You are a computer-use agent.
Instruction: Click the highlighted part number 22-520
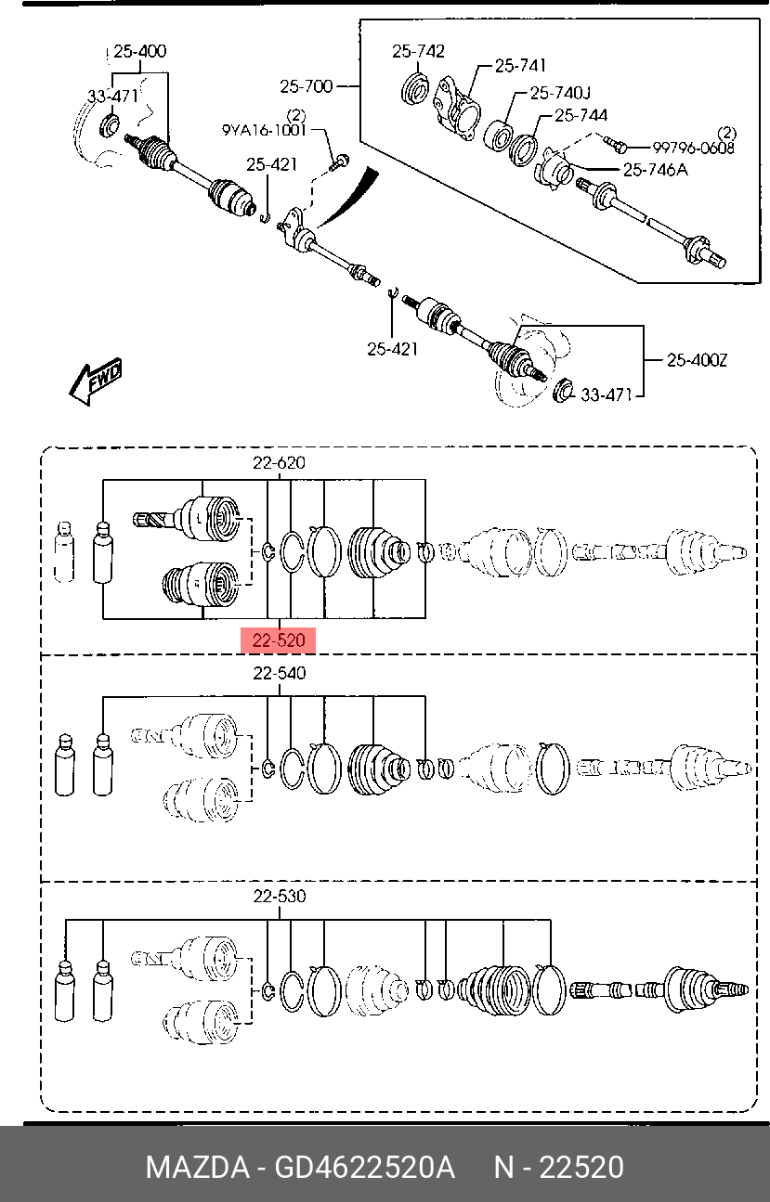click(x=278, y=640)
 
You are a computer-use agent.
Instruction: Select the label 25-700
click(x=307, y=86)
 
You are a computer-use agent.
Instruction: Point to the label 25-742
click(x=418, y=52)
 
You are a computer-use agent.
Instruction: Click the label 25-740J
click(x=560, y=93)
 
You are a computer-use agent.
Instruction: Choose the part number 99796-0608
click(x=693, y=148)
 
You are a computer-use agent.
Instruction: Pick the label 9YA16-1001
click(x=264, y=130)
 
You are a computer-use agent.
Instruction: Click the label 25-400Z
click(x=697, y=360)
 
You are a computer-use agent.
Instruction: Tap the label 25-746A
click(x=655, y=170)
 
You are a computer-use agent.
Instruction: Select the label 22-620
click(x=279, y=462)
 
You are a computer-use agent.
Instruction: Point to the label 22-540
click(x=280, y=673)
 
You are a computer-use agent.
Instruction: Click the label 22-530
click(x=280, y=896)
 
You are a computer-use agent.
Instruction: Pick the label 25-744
click(x=581, y=115)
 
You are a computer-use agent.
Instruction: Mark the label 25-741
click(x=520, y=66)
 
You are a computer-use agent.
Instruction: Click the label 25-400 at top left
click(x=139, y=52)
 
